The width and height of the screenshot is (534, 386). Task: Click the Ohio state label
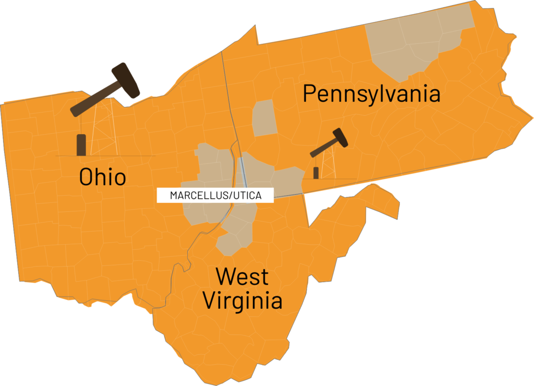pyautogui.click(x=102, y=177)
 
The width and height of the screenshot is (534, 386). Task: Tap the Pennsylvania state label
pyautogui.click(x=371, y=94)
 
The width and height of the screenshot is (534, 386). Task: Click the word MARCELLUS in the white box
pyautogui.click(x=197, y=196)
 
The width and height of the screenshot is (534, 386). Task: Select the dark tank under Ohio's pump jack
pyautogui.click(x=81, y=144)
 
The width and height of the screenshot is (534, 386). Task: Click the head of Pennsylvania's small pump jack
pyautogui.click(x=340, y=137)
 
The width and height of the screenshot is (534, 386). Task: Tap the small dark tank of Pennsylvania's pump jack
pyautogui.click(x=316, y=173)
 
